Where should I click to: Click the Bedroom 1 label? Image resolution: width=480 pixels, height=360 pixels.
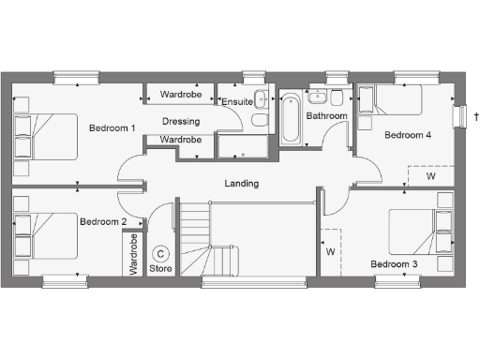(112, 127)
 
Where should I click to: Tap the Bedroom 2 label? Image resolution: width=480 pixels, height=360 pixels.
(103, 222)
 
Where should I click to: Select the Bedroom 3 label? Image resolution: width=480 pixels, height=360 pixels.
(394, 264)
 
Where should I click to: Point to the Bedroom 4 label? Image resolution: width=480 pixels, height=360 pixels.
(408, 135)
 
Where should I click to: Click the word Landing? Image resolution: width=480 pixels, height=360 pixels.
(241, 184)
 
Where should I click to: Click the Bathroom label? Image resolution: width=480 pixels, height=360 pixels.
(327, 116)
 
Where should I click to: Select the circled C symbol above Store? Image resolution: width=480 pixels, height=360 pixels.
(161, 253)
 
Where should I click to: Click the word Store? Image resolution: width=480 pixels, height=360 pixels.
(161, 268)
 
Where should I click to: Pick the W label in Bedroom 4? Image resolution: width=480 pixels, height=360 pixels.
(431, 175)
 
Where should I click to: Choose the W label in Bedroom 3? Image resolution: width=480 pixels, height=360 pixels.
(330, 251)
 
